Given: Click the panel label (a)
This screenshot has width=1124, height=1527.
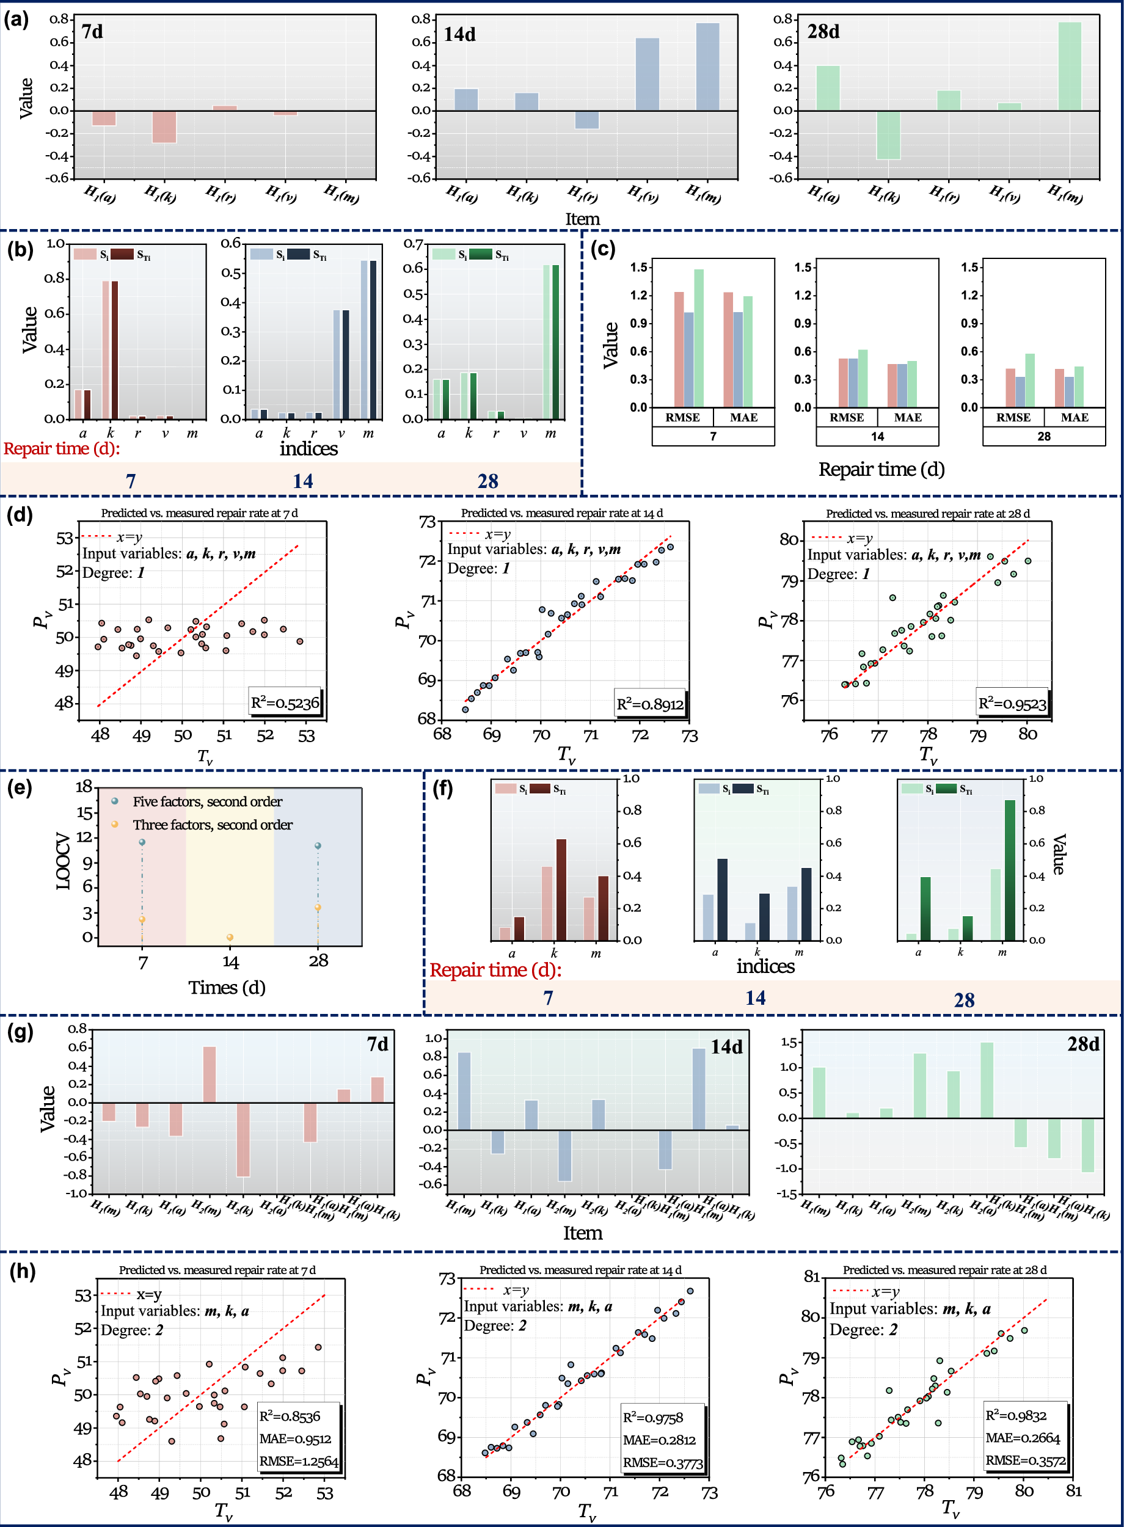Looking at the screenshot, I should [x=16, y=20].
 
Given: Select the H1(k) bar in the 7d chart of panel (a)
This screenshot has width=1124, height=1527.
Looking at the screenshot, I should [x=164, y=127].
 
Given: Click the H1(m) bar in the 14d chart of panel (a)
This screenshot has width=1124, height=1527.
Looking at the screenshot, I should [x=707, y=67].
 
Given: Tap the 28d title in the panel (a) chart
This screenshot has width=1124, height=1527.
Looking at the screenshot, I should [x=823, y=32].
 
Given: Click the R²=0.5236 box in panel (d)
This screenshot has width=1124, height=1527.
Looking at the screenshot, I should [x=285, y=702].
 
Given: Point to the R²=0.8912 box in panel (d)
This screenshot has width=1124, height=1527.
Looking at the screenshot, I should [x=650, y=704].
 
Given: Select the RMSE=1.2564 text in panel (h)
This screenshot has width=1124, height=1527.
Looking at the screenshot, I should [x=299, y=1461].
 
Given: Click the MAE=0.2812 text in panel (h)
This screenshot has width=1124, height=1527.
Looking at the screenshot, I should [x=659, y=1440].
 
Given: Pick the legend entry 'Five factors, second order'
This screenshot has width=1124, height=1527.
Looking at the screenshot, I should [x=208, y=801].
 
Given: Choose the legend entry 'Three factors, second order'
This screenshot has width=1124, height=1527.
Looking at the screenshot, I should [x=213, y=825].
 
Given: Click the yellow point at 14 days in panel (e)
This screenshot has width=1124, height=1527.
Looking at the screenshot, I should [x=230, y=938].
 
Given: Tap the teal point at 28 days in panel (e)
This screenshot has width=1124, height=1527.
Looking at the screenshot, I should [x=318, y=846].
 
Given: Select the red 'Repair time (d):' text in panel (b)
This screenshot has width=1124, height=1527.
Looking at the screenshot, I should [x=62, y=448].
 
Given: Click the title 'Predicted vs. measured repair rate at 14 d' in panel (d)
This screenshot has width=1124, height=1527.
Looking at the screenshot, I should [x=561, y=513].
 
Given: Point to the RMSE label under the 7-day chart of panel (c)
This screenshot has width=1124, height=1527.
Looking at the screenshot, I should [x=682, y=418].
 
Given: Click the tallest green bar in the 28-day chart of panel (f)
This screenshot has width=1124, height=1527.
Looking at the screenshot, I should [x=1010, y=869].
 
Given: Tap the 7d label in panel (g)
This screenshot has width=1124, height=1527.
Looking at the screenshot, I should [x=378, y=1043].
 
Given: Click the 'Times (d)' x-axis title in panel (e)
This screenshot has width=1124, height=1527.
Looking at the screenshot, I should [x=227, y=987].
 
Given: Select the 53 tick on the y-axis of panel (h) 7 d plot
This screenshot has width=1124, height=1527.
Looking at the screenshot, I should [x=83, y=1295].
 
